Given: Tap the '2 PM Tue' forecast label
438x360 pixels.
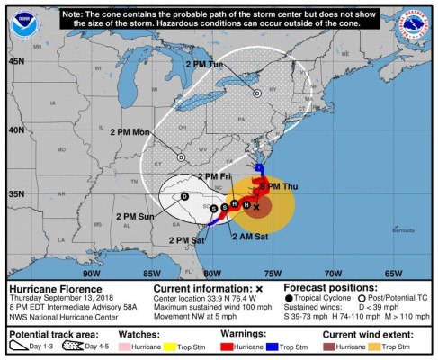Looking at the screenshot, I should pos(203,65).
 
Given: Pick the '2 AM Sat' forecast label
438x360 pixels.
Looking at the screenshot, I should pos(248,236).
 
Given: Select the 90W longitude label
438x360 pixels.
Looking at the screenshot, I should pos(90,273).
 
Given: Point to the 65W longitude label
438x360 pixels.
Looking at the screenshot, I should pos(393,273).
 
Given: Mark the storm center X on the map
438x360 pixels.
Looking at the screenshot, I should pos(256,207).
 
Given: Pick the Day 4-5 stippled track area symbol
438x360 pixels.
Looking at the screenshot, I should pos(66,347).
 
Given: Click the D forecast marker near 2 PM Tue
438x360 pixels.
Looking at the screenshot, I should pos(256,93).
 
